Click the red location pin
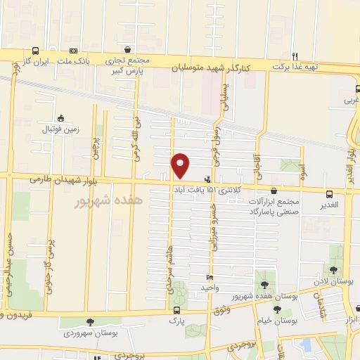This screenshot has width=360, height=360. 181,165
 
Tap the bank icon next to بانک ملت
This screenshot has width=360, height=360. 74,51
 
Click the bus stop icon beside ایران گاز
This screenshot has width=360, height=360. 35,51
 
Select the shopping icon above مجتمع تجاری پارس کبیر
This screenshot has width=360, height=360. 127,50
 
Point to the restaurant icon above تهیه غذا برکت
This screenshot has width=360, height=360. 296,56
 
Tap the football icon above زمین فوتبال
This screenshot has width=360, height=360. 60,118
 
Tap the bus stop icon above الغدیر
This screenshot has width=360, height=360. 328,194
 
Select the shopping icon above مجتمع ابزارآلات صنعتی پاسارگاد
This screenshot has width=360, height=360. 273,191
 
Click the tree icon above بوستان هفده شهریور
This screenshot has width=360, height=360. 264,285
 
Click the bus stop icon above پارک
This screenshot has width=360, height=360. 176,310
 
